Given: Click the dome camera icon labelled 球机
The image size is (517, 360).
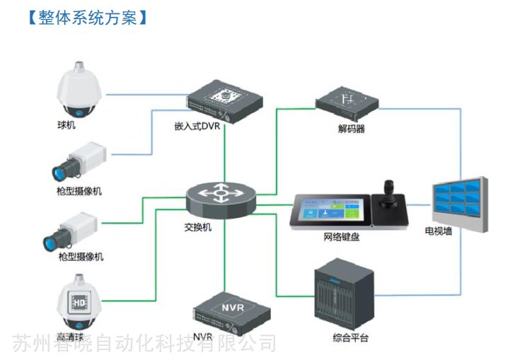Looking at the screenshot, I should (x=81, y=90).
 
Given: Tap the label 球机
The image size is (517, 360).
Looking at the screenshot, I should (x=66, y=125).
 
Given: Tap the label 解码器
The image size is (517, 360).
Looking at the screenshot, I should (x=351, y=129).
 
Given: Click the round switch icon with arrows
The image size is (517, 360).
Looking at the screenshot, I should (x=221, y=198).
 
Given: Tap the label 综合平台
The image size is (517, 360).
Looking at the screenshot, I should (x=351, y=338).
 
